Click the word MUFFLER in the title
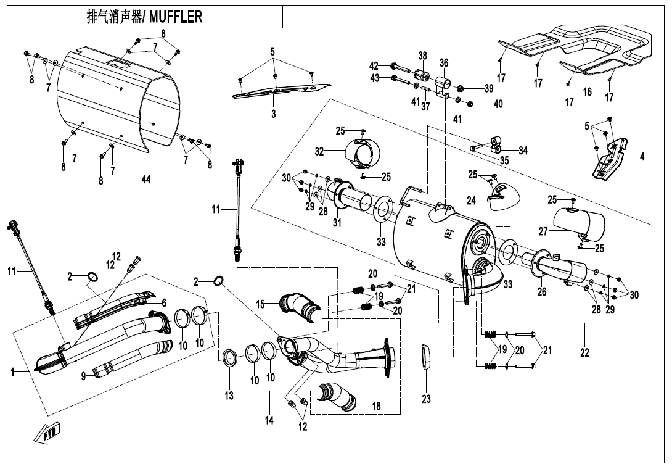coord(176,17)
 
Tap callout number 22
coord(584,353)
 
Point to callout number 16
coord(587,92)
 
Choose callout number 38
coord(422,56)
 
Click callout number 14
coord(269,420)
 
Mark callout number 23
coord(426,399)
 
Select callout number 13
coord(229,396)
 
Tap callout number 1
coord(12,371)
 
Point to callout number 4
coord(642,156)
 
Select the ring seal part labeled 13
coord(229,357)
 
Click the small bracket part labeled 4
coord(610,160)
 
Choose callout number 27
coord(543,232)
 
